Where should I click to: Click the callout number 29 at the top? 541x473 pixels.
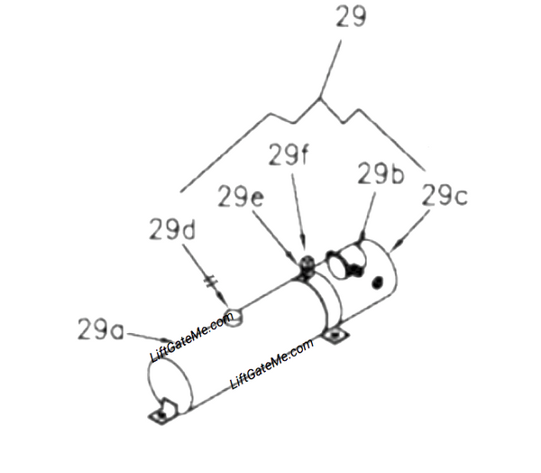coord(351,16)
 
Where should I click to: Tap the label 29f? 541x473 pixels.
coord(288,154)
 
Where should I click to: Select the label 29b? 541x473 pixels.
coord(381,172)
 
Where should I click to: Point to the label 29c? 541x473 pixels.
coord(445,194)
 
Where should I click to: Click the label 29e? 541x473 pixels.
coord(241,196)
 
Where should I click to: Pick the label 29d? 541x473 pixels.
coord(172,229)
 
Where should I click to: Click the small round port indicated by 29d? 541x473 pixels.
coord(233,317)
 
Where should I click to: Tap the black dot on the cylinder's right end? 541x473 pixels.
coord(378,283)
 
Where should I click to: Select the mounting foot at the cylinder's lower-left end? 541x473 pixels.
coord(162,412)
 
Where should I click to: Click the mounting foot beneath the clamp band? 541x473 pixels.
coord(335,335)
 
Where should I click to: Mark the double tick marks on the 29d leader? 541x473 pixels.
coord(211,282)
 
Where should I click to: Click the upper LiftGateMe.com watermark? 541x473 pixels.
coord(192,338)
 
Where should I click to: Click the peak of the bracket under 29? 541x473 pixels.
coord(320,98)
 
